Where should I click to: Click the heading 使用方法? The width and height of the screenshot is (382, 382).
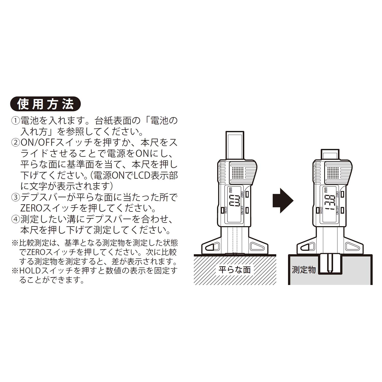(45, 104)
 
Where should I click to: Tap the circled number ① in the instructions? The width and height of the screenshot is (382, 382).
(16, 121)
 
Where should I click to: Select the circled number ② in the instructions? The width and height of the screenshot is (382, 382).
(16, 142)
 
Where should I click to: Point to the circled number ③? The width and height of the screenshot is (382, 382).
(16, 197)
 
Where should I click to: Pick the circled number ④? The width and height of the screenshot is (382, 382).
(16, 219)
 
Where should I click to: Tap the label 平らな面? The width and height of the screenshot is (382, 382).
(235, 270)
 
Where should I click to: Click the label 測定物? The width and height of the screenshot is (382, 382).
(304, 270)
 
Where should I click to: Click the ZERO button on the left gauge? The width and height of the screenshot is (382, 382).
(247, 194)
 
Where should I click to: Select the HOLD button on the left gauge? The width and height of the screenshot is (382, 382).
(222, 210)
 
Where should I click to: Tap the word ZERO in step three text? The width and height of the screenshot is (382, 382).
(31, 208)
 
